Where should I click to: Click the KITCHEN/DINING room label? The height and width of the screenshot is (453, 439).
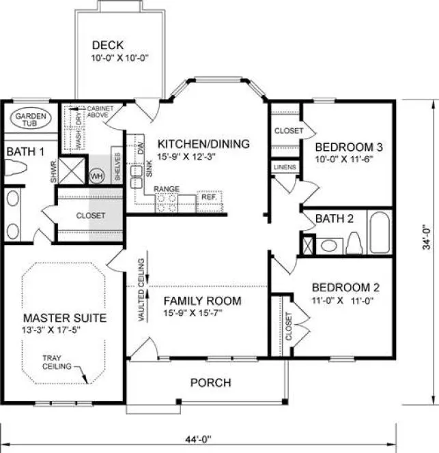pos(203,144)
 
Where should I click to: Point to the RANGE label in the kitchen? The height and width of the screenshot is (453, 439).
pos(166,188)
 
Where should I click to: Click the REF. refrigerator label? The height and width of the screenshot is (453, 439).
pos(208,198)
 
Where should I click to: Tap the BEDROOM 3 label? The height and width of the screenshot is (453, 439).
pos(348,147)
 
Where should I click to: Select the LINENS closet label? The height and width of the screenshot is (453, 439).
pos(283,166)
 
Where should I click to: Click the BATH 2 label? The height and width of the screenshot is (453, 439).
pos(334,218)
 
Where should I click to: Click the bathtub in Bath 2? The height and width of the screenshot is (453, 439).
pos(380,233)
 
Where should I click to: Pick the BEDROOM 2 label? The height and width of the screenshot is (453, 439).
pos(341,287)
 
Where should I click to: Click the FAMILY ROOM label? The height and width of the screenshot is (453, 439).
pos(203,300)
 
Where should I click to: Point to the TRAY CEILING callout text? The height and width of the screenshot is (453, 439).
pos(52,362)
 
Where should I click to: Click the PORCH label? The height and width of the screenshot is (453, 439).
pos(210,383)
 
